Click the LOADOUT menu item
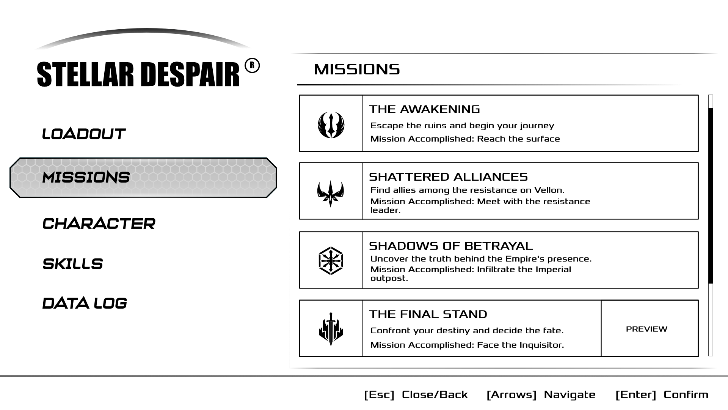(83, 134)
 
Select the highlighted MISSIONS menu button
(143, 178)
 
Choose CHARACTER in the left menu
(99, 224)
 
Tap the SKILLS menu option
(72, 264)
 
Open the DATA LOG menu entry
(85, 303)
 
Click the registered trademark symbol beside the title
(252, 66)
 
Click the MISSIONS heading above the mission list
(357, 69)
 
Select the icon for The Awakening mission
(331, 125)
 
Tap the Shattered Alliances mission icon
(331, 193)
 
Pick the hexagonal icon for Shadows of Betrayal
(331, 261)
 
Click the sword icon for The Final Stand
(331, 329)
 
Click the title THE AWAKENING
(424, 109)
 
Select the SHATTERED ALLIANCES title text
(448, 177)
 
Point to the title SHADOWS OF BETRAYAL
(451, 246)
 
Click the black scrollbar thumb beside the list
(711, 196)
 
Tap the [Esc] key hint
(379, 395)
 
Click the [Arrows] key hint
(511, 395)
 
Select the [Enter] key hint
(636, 395)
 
